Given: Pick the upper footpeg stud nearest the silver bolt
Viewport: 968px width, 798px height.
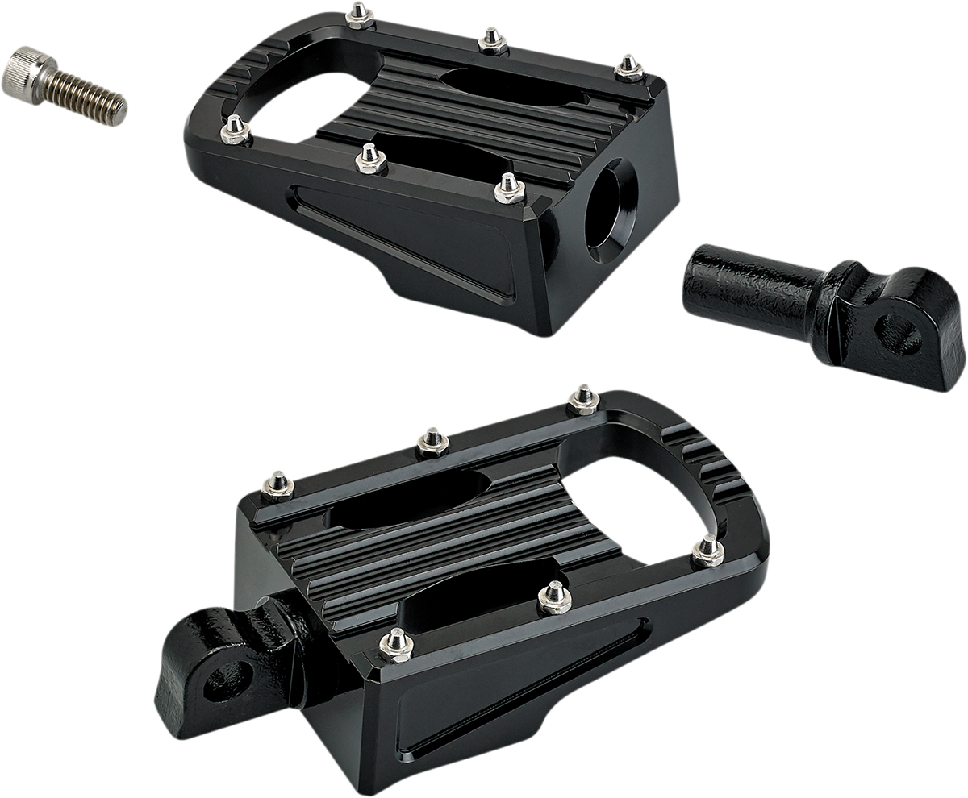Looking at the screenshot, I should pyautogui.click(x=235, y=129).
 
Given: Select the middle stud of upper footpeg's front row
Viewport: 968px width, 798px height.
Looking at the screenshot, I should pyautogui.click(x=370, y=159).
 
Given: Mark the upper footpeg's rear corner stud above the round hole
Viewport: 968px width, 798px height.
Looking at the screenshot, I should pyautogui.click(x=629, y=68).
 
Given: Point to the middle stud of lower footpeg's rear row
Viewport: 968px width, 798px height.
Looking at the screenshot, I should pyautogui.click(x=434, y=441).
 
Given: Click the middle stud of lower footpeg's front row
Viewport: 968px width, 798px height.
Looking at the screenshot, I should pyautogui.click(x=555, y=596).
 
